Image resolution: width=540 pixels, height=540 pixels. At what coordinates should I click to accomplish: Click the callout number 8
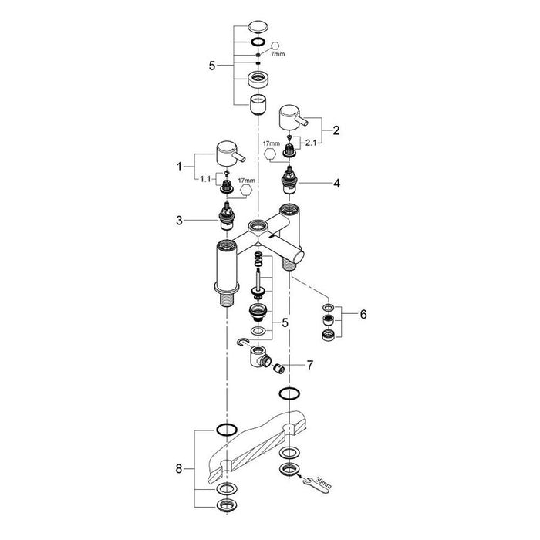tap(179, 469)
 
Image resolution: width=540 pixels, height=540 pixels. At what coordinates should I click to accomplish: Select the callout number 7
tap(310, 365)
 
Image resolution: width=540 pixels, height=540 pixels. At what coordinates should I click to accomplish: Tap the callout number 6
tap(363, 314)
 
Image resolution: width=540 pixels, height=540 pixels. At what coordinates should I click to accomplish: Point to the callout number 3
tap(179, 221)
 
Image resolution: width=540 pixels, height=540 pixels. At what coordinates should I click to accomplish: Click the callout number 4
tap(337, 184)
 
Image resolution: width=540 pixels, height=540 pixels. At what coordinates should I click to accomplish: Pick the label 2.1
tap(311, 143)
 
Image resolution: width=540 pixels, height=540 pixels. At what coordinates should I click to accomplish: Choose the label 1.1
tap(205, 180)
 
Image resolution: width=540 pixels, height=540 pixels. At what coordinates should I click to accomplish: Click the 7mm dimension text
tap(278, 54)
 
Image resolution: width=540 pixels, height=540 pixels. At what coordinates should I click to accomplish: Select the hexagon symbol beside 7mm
tap(275, 46)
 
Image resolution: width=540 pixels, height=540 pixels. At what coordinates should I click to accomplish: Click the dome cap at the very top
tap(258, 27)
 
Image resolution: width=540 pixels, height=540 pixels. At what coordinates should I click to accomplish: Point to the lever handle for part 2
tap(292, 120)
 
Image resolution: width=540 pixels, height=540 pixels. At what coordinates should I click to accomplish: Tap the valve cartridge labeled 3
tap(227, 217)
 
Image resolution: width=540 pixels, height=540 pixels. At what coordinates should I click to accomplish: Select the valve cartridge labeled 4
tap(289, 181)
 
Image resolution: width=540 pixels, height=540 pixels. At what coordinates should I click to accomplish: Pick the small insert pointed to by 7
tap(278, 369)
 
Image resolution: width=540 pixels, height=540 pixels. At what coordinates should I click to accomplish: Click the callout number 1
tap(179, 167)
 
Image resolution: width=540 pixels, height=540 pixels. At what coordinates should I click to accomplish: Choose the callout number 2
tap(336, 130)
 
